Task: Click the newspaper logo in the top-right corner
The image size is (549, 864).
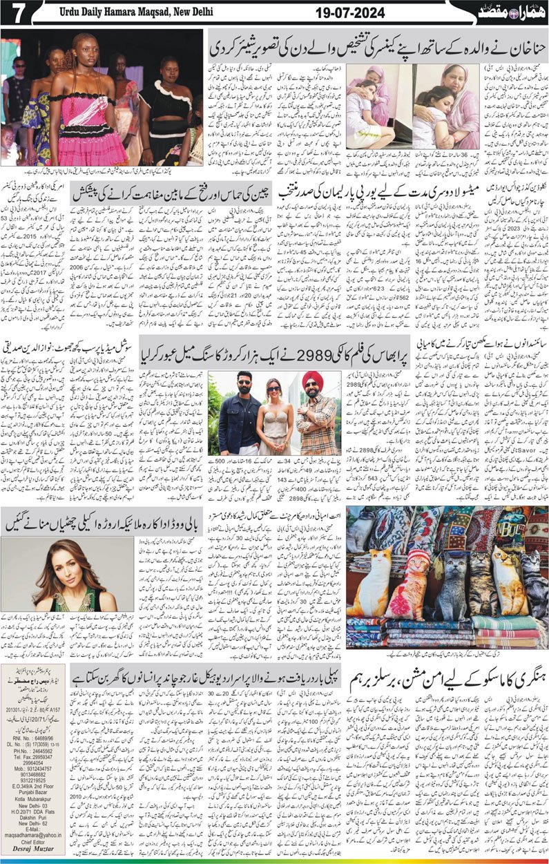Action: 511,12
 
